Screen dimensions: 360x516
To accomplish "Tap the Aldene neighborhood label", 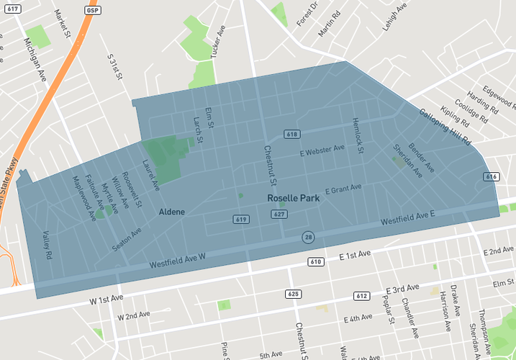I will coord(172,212).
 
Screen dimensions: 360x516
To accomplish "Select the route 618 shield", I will coord(291,134).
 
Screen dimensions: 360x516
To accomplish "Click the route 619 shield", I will coord(241,219).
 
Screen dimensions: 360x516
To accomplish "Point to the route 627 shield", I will coord(280,214).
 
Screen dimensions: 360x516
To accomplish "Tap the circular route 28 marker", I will coord(307,237).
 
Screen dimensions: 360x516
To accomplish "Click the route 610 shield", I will coord(315,261).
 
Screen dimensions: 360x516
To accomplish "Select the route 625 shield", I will coord(293,294).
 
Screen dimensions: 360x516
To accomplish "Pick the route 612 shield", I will coord(361,296).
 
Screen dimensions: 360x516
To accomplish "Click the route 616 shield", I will coord(492,176).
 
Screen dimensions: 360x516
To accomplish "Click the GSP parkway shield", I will coord(92,11).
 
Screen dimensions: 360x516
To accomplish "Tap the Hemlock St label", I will coord(358,135).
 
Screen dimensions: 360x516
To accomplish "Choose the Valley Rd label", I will coord(47,245).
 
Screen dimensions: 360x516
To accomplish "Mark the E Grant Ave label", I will coord(343,189).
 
